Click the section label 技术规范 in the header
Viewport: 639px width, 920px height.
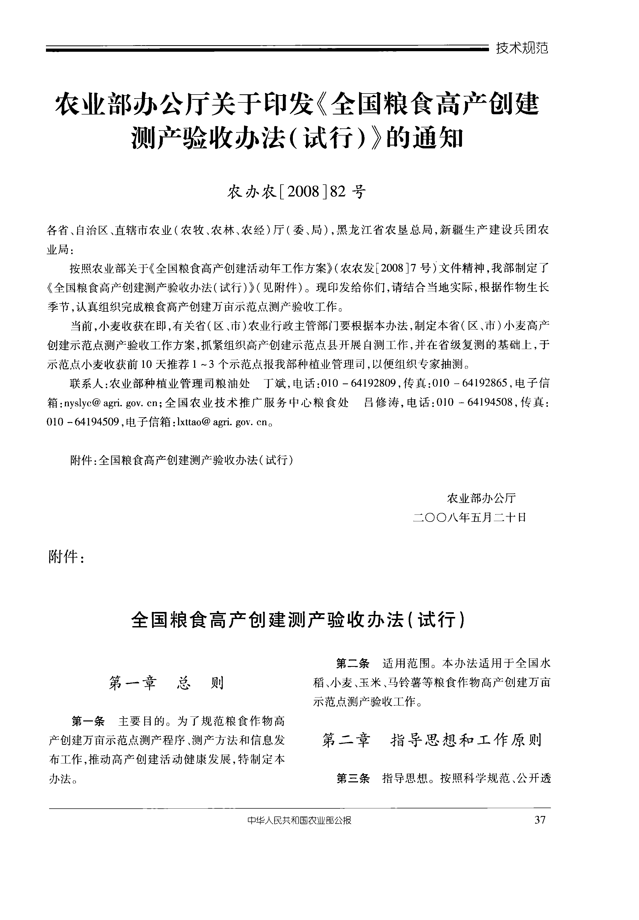coord(522,48)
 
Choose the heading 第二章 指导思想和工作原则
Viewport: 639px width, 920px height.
coord(432,740)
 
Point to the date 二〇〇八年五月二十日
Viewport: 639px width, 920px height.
coord(469,518)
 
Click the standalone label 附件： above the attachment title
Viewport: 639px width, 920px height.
coord(66,557)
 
